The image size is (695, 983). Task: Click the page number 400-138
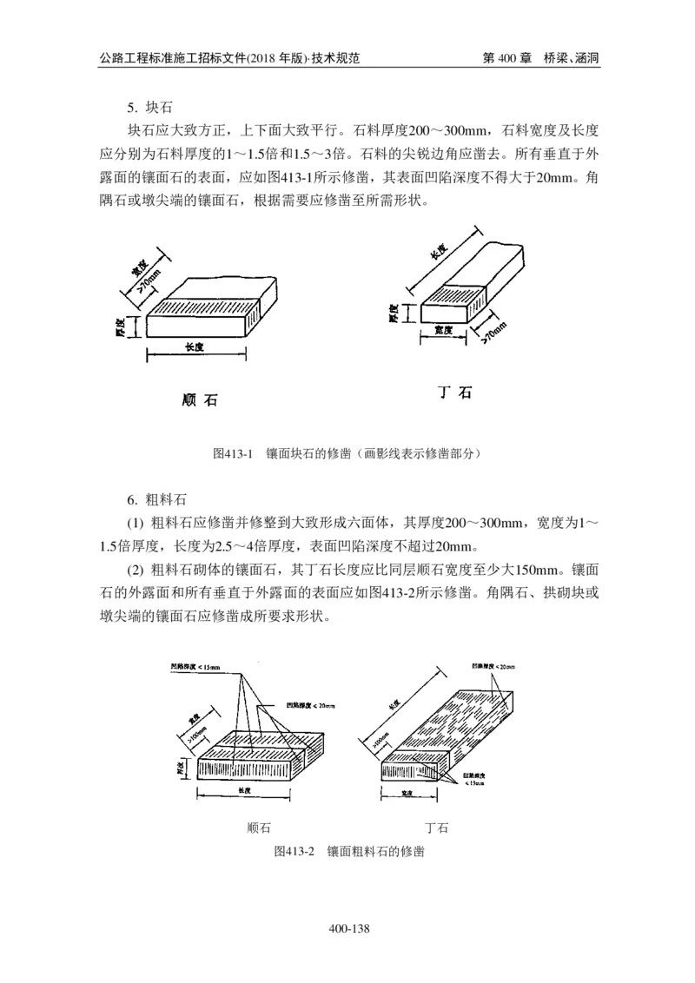click(x=350, y=929)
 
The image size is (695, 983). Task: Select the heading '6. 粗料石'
click(x=156, y=500)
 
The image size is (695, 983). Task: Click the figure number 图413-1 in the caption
click(x=232, y=453)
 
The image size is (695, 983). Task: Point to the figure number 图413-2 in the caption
click(x=293, y=851)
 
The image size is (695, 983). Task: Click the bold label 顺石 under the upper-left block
click(x=200, y=400)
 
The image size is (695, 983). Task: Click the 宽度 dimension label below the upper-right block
click(x=446, y=331)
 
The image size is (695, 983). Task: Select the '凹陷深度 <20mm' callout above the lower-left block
click(x=304, y=704)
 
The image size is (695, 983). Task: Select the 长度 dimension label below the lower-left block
click(x=244, y=791)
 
